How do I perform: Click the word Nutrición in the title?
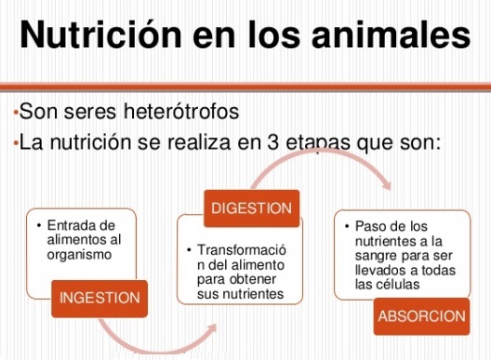coord(100,34)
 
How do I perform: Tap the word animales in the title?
coord(391,34)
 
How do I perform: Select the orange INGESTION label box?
coord(100,299)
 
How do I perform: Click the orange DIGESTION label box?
coord(251,208)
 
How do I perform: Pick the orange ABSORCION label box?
coord(421,316)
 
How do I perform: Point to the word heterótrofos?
coord(181,111)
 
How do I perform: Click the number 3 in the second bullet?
coord(273,142)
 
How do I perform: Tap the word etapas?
coord(318,144)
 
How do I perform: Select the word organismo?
coord(79,255)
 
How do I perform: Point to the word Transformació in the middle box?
coord(242,249)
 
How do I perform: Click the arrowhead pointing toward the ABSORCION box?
coord(387,185)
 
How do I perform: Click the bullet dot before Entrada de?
coord(39,225)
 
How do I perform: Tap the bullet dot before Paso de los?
coord(347,226)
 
